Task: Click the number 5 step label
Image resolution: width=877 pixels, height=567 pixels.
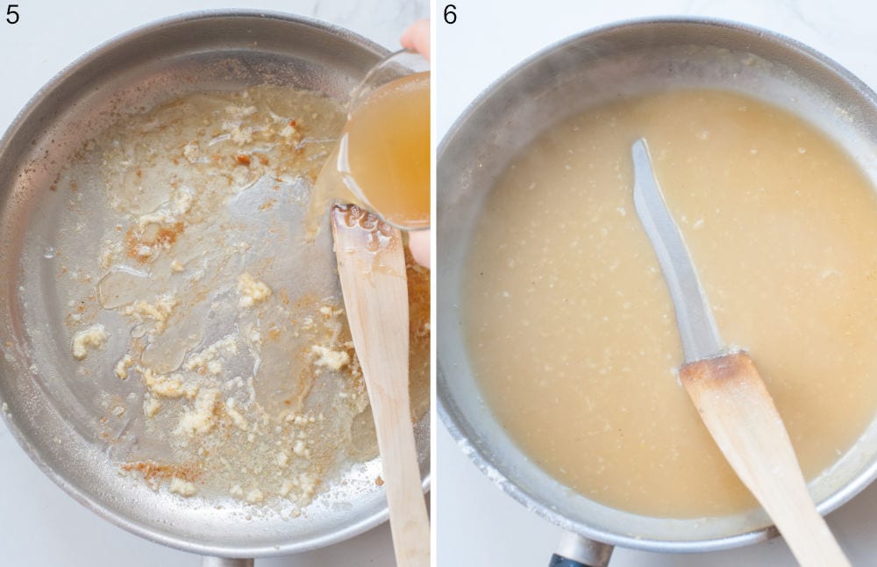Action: tap(12, 14)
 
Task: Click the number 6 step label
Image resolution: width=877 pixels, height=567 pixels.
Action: tap(450, 14)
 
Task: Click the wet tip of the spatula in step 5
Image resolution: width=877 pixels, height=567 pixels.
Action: tap(360, 225)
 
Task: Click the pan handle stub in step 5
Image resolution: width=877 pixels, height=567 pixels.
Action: tap(227, 561)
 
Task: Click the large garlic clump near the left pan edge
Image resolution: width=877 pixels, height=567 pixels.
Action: tap(89, 340)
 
